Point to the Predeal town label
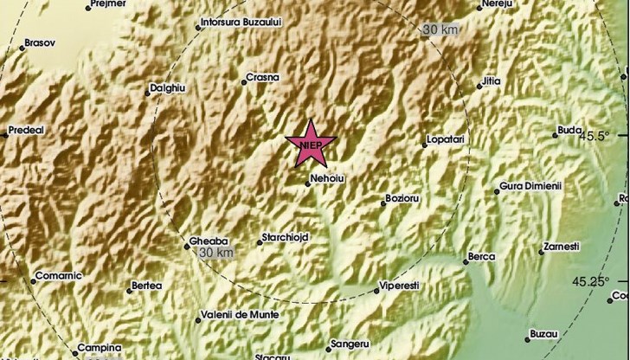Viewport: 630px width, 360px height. click(26, 131)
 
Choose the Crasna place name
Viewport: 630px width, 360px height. click(262, 77)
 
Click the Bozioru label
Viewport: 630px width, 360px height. click(402, 200)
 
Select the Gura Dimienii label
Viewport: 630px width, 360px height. click(530, 188)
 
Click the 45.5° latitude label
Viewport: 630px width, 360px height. click(595, 136)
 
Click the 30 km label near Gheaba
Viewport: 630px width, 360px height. click(215, 253)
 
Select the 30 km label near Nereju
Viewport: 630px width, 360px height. click(440, 30)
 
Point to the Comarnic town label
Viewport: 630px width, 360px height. click(57, 277)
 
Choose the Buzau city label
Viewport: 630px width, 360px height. click(544, 333)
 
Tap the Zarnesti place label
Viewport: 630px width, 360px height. click(561, 247)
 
